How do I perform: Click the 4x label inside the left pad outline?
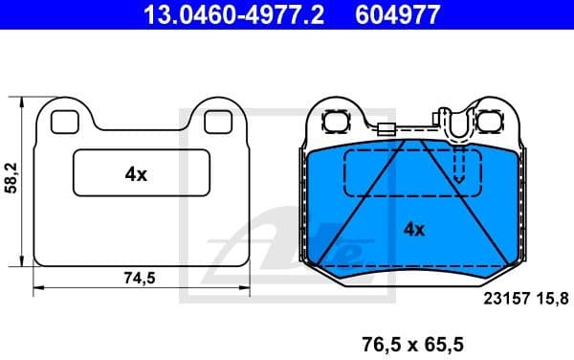pos(135,174)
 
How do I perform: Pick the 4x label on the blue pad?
pos(413,229)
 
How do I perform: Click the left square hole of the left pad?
pos(64,122)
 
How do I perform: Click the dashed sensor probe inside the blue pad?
pos(459,168)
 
